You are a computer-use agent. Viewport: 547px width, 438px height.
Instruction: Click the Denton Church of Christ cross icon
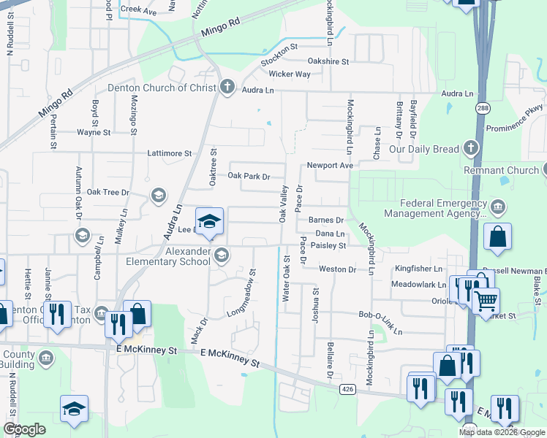click(227, 87)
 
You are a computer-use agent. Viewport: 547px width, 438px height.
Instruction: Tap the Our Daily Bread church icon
click(471, 149)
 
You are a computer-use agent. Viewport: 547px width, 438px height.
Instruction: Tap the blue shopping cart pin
click(486, 300)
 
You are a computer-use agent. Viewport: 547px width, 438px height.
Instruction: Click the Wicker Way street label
click(290, 74)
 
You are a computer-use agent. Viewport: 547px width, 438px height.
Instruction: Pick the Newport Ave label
click(330, 166)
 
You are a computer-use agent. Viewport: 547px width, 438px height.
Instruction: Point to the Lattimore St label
click(169, 154)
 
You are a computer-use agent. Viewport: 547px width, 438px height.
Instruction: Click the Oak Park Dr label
click(249, 177)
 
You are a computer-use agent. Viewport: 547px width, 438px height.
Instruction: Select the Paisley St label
click(328, 246)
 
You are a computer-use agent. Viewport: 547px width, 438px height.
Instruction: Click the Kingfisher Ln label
click(419, 269)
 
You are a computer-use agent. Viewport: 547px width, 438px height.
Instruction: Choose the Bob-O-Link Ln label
click(380, 315)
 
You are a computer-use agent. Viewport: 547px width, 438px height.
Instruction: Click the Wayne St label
click(94, 133)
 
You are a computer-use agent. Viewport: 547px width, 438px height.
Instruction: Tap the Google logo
click(24, 430)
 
